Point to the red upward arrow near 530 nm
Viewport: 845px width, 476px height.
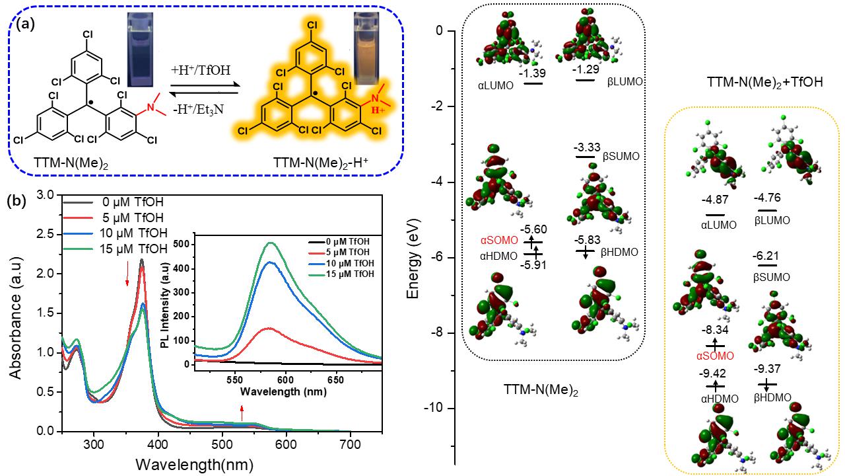coord(242,413)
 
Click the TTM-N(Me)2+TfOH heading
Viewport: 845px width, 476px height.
coord(756,83)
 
